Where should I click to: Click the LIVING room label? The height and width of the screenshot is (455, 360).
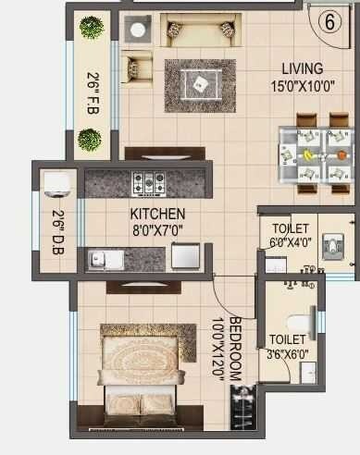coord(304,69)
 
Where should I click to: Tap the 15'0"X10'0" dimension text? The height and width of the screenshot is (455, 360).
coord(303,85)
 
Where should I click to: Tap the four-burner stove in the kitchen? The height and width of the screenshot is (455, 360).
coord(149,182)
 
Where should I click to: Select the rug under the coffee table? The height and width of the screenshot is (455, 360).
coord(200,87)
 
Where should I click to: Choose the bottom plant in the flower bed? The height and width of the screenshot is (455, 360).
coord(90,140)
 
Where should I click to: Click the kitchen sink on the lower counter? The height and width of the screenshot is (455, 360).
coord(106,259)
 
